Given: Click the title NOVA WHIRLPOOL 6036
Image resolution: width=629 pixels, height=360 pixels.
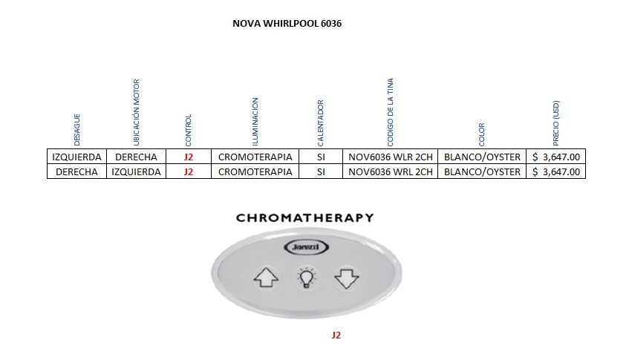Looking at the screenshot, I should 287,24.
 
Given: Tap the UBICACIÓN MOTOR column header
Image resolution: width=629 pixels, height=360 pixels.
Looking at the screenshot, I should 136,112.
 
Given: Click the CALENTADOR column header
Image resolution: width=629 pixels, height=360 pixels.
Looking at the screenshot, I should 321,123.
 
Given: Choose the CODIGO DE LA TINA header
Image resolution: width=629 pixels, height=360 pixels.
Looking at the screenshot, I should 391,112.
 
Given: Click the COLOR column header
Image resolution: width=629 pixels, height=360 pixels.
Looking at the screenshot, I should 482,134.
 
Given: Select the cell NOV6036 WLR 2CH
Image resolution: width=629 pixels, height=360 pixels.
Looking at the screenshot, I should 390,157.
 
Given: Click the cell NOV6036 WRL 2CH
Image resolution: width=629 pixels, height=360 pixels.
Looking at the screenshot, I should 390,171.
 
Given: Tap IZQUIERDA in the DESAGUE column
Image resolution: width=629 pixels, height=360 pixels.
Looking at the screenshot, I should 77,157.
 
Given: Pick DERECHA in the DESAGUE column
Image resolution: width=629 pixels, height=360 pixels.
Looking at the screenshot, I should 77,171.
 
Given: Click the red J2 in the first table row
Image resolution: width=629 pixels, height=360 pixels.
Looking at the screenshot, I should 188,157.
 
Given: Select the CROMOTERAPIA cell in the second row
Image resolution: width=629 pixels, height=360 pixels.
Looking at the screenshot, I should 255,171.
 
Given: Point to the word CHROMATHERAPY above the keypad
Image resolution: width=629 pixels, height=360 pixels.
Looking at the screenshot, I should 304,218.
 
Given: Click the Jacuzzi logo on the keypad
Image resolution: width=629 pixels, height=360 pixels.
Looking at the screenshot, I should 304,247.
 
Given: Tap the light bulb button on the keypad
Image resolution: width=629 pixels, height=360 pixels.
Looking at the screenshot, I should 305,278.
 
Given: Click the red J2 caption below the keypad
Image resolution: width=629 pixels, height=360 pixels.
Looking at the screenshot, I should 336,336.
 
